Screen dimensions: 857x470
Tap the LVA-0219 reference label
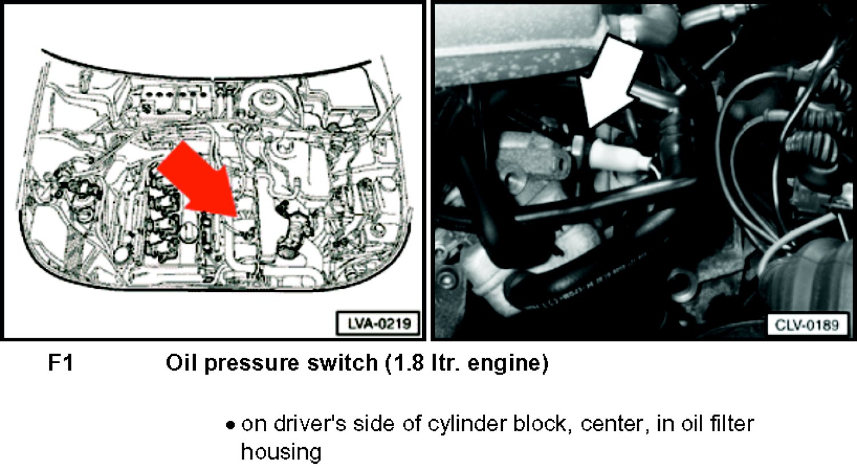coord(378,324)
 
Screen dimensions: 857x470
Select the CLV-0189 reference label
coord(807,325)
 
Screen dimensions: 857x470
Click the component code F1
coord(61,363)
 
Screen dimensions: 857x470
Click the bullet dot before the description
coord(230,425)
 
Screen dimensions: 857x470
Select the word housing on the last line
coord(281,453)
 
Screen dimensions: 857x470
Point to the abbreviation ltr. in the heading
coord(445,363)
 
